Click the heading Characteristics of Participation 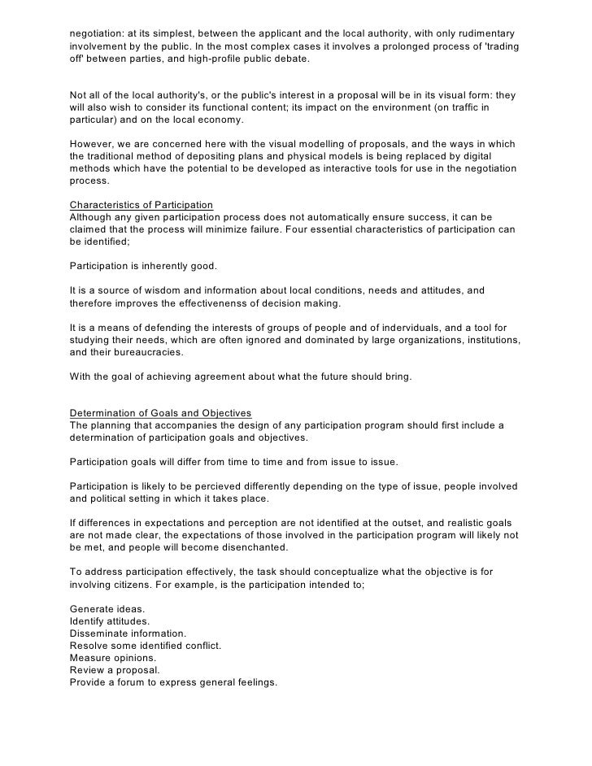(141, 206)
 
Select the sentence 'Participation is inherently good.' (143, 266)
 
